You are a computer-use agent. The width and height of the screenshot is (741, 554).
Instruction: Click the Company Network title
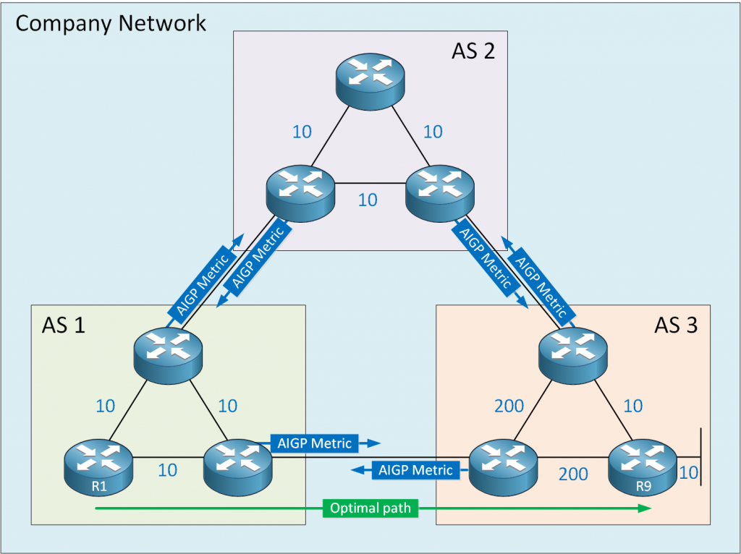(x=111, y=23)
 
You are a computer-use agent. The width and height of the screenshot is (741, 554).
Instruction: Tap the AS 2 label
(x=473, y=51)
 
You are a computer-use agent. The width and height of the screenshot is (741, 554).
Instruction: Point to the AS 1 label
(x=64, y=325)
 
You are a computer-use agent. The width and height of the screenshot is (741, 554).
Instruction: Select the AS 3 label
(x=676, y=325)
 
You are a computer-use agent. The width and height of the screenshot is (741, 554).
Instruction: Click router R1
(x=98, y=463)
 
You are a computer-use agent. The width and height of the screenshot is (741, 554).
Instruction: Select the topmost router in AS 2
(x=370, y=80)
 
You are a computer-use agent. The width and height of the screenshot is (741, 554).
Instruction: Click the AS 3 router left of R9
(x=504, y=463)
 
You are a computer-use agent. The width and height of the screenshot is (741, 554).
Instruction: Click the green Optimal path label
(x=370, y=508)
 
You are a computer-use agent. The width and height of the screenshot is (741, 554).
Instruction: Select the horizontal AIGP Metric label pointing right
(x=315, y=443)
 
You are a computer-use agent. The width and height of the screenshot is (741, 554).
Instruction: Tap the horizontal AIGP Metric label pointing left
(x=415, y=470)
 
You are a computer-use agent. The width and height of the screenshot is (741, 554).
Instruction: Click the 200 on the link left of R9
(x=573, y=474)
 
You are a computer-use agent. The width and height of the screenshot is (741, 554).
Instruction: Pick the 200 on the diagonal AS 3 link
(x=509, y=406)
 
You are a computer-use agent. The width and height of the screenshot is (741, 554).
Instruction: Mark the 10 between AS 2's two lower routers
(x=368, y=200)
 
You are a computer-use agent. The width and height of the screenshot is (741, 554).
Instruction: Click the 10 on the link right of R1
(x=167, y=470)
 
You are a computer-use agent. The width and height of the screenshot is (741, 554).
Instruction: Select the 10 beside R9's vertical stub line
(x=689, y=473)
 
